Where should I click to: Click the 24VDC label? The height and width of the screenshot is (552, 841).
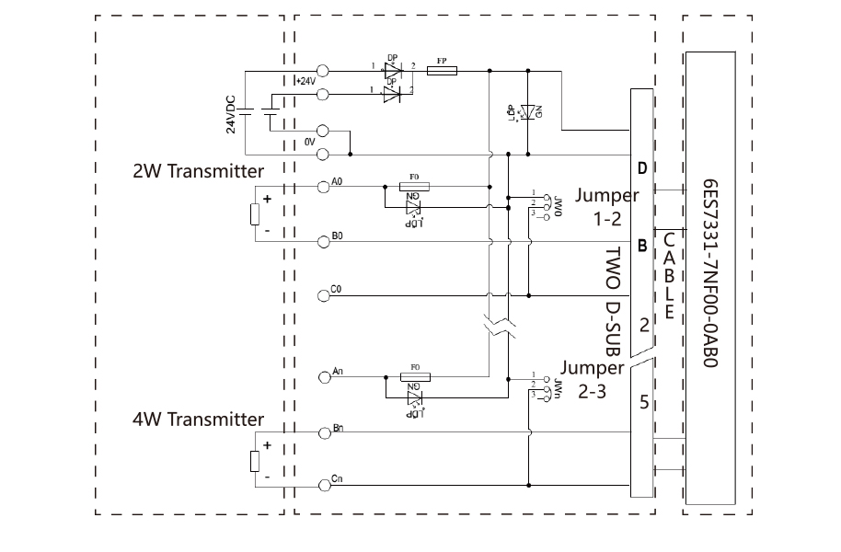(232, 111)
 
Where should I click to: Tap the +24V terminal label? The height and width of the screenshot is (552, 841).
(305, 81)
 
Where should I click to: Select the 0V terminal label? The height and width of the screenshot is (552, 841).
(310, 142)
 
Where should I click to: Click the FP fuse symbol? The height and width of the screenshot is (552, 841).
(443, 70)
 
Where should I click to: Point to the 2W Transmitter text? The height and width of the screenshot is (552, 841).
(198, 171)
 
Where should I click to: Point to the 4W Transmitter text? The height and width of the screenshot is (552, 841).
(198, 420)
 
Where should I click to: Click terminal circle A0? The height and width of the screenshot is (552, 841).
(323, 187)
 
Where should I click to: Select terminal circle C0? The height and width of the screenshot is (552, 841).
(323, 295)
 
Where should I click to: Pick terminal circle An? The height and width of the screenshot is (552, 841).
(323, 376)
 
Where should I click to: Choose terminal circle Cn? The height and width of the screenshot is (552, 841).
(323, 484)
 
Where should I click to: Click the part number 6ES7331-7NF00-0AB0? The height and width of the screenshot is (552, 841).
(710, 273)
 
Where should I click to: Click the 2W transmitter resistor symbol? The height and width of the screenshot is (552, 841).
(255, 214)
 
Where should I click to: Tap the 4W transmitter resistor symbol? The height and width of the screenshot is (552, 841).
(255, 462)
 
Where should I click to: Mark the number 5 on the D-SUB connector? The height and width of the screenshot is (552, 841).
(643, 401)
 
